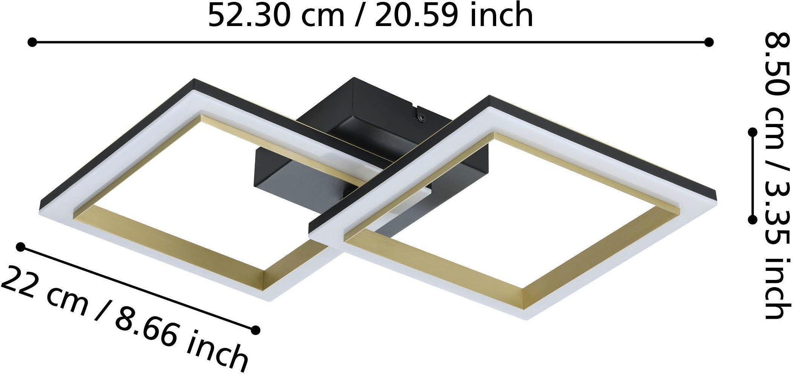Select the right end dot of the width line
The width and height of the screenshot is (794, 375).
click(x=709, y=42)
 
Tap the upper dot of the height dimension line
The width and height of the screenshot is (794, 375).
click(x=753, y=132)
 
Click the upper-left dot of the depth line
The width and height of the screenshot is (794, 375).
click(x=21, y=247)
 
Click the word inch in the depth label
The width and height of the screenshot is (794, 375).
click(x=219, y=353)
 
